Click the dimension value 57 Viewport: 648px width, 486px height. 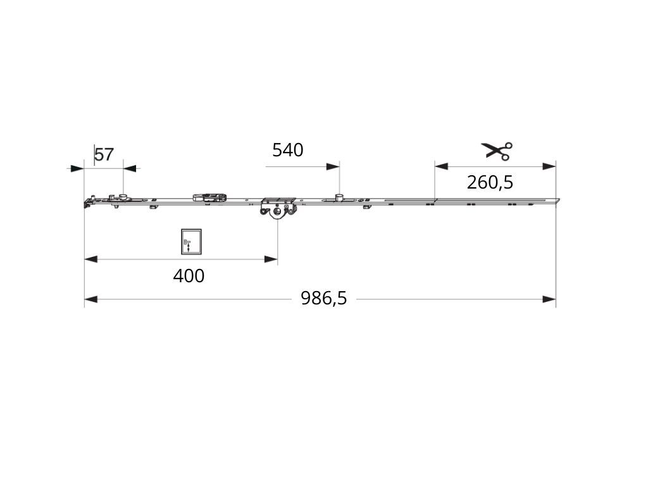pyautogui.click(x=104, y=155)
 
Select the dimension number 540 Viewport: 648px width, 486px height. pyautogui.click(x=288, y=150)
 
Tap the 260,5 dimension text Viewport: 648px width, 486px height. pyautogui.click(x=490, y=182)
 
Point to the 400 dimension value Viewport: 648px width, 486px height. pyautogui.click(x=189, y=276)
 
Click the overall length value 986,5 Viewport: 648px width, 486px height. pyautogui.click(x=323, y=298)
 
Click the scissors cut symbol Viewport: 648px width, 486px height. pyautogui.click(x=497, y=151)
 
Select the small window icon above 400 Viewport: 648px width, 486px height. pyautogui.click(x=191, y=242)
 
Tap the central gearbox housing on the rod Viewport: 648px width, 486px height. pyautogui.click(x=278, y=207)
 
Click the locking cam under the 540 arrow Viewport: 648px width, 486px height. pyautogui.click(x=339, y=197)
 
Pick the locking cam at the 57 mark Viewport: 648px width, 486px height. pyautogui.click(x=123, y=196)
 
